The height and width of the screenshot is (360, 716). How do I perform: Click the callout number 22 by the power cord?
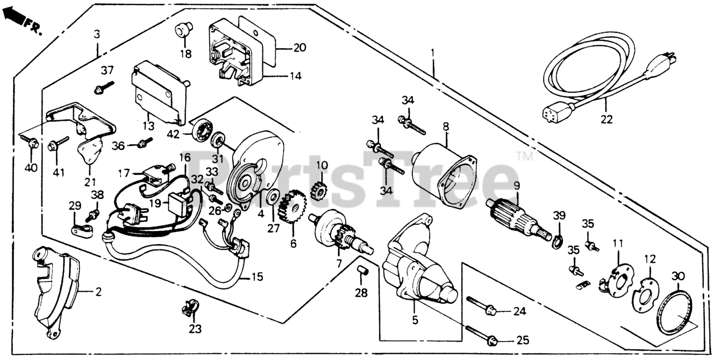(606, 119)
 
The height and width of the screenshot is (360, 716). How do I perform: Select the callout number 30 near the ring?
(678, 276)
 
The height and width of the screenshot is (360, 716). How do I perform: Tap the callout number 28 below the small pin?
(361, 292)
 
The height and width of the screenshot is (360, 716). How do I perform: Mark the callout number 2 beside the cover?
(97, 291)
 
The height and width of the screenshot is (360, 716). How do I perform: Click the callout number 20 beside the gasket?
(299, 48)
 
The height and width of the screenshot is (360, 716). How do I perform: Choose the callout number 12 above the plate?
(649, 259)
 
